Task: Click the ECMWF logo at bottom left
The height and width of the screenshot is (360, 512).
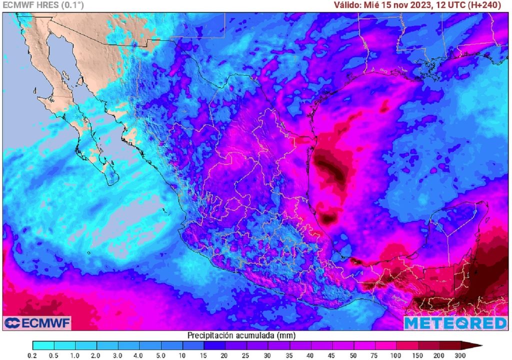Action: click(x=37, y=322)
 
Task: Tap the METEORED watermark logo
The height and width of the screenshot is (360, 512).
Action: click(x=455, y=323)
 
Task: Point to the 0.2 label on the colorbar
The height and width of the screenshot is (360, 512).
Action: click(x=33, y=355)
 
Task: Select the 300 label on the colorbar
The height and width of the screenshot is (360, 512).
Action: click(x=460, y=355)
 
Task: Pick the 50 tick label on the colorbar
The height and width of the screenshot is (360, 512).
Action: click(x=353, y=355)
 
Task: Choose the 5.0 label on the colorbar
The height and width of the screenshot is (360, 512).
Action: click(x=161, y=355)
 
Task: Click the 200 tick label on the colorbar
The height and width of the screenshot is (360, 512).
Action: click(x=439, y=355)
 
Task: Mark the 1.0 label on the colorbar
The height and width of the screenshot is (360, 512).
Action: click(x=75, y=355)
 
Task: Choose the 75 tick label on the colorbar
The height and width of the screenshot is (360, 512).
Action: click(x=375, y=355)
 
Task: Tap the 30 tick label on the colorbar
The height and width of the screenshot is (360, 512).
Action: click(x=268, y=355)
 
